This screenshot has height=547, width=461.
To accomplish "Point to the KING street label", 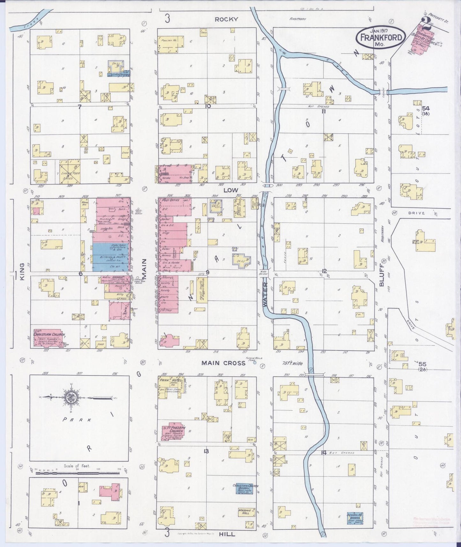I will [x=22, y=272].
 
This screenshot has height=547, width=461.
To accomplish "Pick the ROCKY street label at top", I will [x=226, y=19].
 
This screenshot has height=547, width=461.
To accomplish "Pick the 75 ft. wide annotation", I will [x=292, y=363].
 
